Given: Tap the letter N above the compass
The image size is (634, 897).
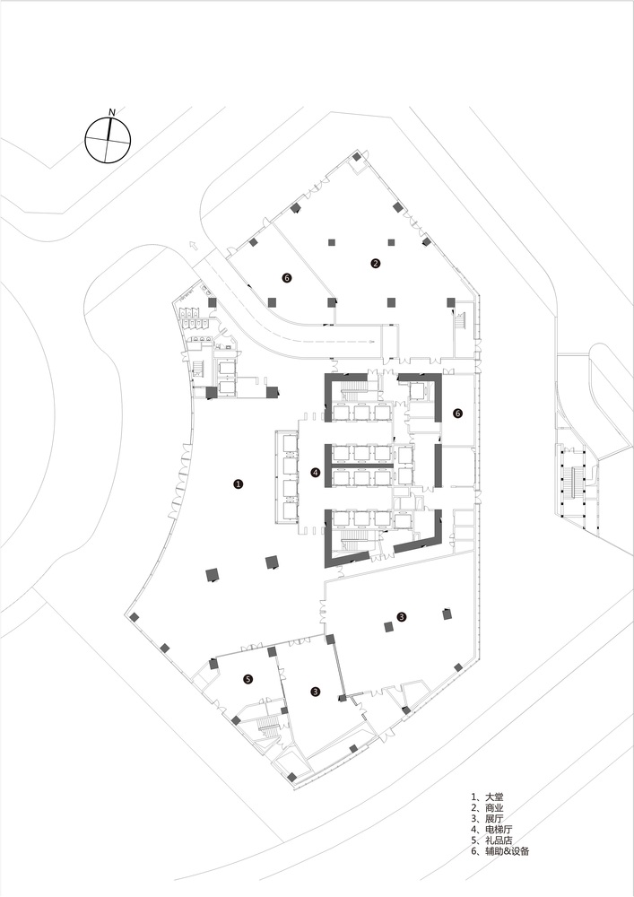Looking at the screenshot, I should [111, 111].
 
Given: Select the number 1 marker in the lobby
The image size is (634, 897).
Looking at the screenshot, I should [238, 483].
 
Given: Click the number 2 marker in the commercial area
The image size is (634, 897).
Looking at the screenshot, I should [376, 263].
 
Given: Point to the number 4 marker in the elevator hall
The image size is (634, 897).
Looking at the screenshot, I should [315, 473].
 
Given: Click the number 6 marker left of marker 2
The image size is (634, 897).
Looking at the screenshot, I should [286, 278].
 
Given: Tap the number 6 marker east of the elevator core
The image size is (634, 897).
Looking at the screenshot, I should [457, 414].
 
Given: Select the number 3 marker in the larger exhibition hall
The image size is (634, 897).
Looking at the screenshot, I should [402, 616].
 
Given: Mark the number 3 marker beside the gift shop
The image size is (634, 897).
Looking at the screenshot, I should [315, 691].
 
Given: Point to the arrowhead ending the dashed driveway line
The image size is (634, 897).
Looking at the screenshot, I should [370, 342].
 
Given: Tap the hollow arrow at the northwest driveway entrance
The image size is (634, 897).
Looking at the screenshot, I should [193, 244].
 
